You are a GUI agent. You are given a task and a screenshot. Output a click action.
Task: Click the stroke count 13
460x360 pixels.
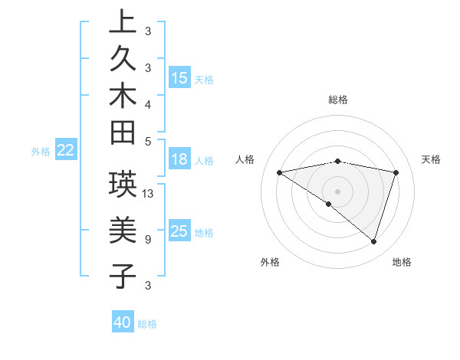point(149,194)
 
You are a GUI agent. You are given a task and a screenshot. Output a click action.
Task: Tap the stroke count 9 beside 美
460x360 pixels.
point(148,240)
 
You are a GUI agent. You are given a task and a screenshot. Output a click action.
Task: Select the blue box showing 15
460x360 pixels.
point(179,78)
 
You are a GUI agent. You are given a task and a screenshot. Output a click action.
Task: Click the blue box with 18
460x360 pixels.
point(179,159)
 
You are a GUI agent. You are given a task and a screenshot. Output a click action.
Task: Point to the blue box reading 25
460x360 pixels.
point(179,231)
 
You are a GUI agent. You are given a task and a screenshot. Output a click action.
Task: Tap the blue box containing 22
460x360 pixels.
point(66,151)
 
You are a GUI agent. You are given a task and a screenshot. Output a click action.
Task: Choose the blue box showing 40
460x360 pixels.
point(123,322)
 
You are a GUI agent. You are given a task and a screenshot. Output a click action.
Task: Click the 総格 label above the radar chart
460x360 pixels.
point(338,100)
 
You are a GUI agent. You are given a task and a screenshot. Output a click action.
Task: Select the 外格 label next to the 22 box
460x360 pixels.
point(41,152)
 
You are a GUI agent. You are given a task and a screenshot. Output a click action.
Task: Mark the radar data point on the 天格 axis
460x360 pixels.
point(396,172)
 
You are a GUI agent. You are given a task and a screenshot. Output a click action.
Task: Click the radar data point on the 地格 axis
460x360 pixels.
point(373,241)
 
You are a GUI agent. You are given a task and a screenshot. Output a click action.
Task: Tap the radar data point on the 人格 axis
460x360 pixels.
point(280,172)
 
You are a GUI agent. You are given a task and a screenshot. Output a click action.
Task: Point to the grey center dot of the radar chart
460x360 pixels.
point(338,191)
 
